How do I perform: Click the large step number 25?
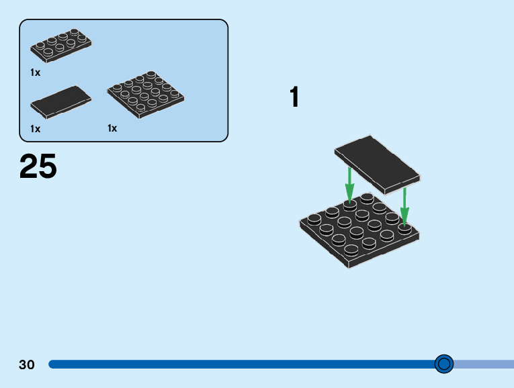pos(38,167)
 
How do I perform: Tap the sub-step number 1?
pos(294,97)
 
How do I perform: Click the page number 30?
pos(27,365)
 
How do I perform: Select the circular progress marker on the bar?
pos(444,364)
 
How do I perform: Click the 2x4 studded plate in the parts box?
pos(61,46)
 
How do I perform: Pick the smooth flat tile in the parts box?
pos(60,101)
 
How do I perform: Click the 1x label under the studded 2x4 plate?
pos(35,72)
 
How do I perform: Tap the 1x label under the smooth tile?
pos(35,128)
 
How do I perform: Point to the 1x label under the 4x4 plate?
pos(112,128)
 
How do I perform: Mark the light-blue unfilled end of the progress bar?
pos(484,364)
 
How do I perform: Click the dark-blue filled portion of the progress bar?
pos(242,364)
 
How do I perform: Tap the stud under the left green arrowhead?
pos(349,204)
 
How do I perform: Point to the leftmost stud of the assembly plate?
pos(313,220)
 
